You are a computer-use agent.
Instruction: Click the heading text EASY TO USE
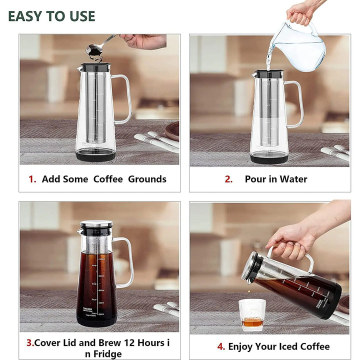(x=51, y=16)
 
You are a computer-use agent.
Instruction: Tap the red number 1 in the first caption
(x=32, y=179)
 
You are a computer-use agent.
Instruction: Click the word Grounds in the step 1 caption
(x=147, y=179)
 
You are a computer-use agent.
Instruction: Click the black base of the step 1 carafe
(x=95, y=155)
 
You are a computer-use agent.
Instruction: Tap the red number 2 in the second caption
(x=228, y=179)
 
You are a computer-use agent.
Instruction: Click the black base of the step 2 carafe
(x=269, y=158)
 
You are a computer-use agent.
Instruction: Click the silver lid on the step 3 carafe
(x=96, y=224)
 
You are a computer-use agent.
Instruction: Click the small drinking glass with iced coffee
(x=252, y=315)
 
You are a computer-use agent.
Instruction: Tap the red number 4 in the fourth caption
(x=221, y=346)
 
